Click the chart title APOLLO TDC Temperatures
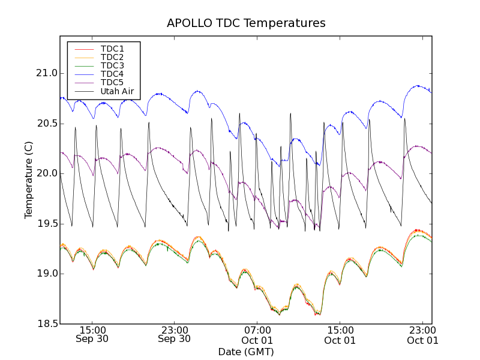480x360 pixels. point(246,23)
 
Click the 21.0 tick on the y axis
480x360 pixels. point(46,73)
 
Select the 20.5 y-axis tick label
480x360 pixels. point(46,124)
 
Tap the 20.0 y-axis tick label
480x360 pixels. point(46,173)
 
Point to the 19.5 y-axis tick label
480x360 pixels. point(46,224)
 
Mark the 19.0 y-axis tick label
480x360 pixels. point(46,274)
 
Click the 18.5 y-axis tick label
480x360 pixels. point(46,324)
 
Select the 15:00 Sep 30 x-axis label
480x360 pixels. point(92,334)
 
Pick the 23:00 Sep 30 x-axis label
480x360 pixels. point(174,334)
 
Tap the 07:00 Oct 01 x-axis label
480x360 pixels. point(257,334)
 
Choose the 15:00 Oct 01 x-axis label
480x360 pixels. point(340,334)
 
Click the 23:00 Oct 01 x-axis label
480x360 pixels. point(422,334)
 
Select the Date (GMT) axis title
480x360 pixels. point(246,351)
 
